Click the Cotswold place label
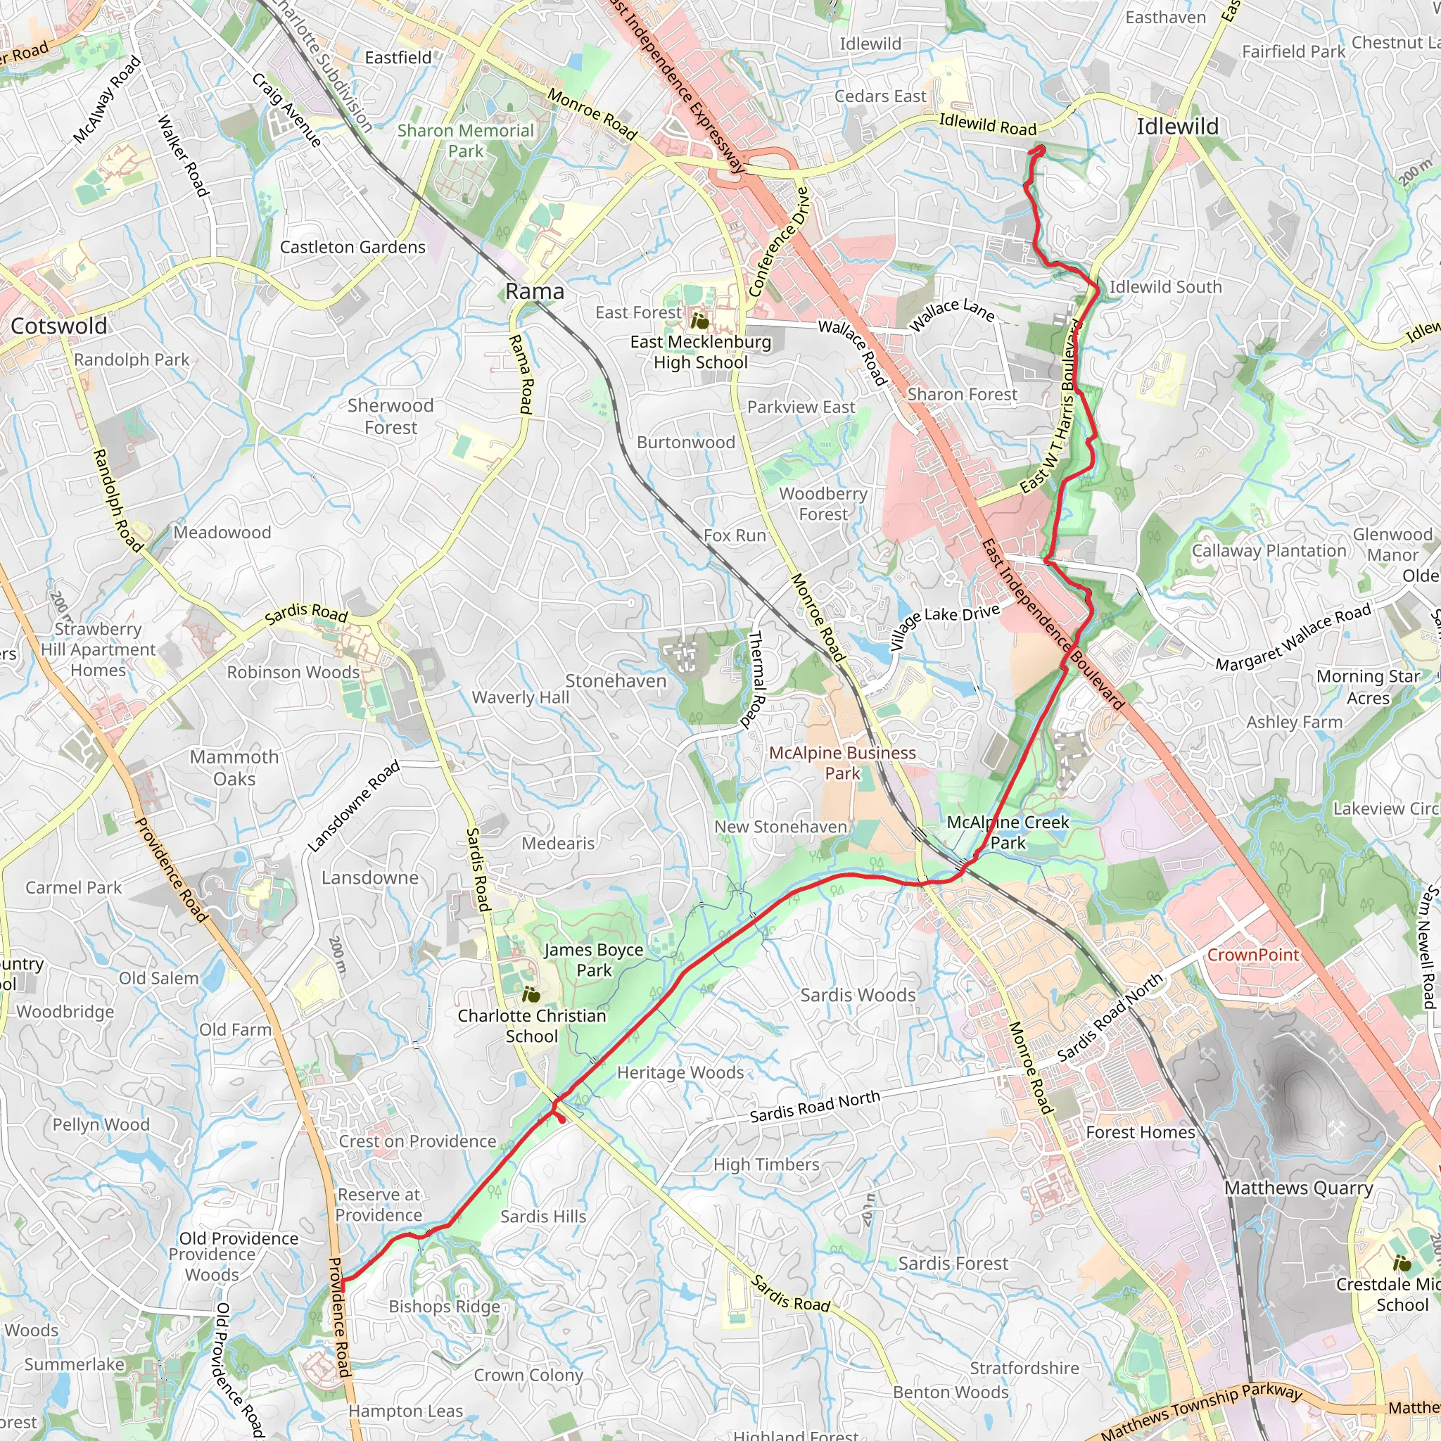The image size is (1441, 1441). [59, 326]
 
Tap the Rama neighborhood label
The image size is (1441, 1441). [535, 291]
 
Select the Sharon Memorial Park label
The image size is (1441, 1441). [465, 141]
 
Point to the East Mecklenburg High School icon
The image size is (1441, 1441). [699, 322]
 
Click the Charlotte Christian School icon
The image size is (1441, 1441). [531, 994]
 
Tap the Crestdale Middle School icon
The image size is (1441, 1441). [1402, 1264]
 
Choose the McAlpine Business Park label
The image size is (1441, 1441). [842, 763]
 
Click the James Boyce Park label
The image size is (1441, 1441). [594, 960]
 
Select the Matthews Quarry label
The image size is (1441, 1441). [1299, 1188]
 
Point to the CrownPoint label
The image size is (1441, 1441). [1253, 956]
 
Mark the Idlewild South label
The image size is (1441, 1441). [1165, 287]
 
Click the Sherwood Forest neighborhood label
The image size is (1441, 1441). [391, 417]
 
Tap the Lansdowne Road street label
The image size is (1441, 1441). [355, 806]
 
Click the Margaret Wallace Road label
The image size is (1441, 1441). [1293, 637]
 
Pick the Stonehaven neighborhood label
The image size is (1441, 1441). [616, 681]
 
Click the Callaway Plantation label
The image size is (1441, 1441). [1269, 551]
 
